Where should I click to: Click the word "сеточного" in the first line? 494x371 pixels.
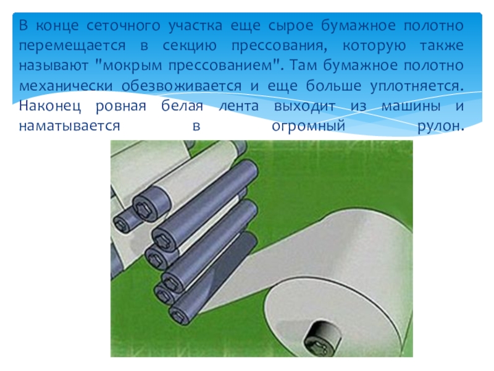tap(123, 25)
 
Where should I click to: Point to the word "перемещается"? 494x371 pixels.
tap(72, 46)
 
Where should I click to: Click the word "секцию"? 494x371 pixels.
tap(190, 46)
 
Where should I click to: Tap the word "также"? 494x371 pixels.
tap(442, 46)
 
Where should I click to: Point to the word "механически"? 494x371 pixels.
tap(65, 86)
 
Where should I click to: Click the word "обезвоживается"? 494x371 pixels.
tap(182, 86)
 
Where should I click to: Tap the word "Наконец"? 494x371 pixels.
tap(50, 106)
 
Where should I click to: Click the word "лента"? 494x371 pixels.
tap(239, 106)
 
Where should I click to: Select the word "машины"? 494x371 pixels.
tap(411, 106)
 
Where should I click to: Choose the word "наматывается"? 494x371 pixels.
tap(70, 126)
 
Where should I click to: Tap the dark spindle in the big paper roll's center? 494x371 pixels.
tap(321, 338)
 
